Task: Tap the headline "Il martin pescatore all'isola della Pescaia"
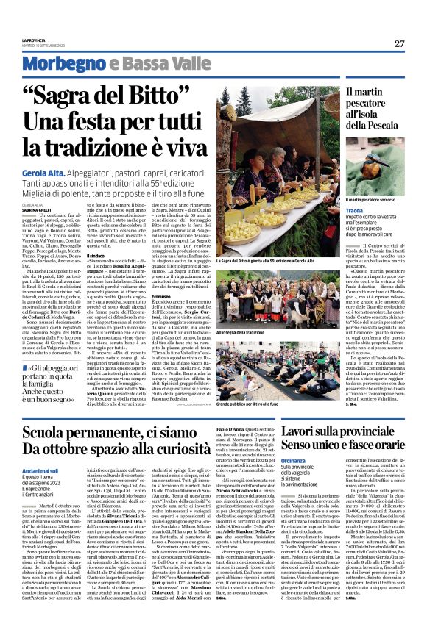click(x=366, y=113)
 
